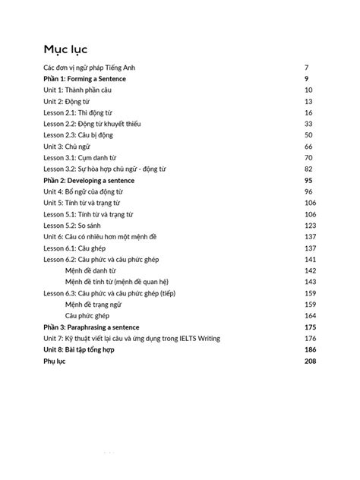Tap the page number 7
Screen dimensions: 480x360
click(305, 68)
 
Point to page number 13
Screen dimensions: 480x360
click(308, 101)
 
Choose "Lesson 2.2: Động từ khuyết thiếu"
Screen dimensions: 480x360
click(92, 123)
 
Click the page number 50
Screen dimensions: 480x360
click(308, 134)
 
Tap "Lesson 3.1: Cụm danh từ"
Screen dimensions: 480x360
click(78, 157)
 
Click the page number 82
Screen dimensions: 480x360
click(308, 169)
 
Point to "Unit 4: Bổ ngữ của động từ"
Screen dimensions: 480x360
click(84, 191)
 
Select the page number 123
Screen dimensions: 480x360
click(310, 225)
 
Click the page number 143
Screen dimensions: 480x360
click(310, 281)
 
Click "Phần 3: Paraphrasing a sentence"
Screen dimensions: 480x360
click(92, 327)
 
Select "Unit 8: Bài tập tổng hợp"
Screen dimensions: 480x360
click(84, 349)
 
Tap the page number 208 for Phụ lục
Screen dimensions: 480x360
click(310, 361)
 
